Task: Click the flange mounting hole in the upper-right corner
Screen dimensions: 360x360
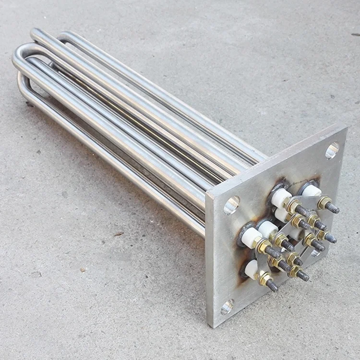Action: tap(332, 151)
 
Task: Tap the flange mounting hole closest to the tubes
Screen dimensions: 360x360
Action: tap(231, 205)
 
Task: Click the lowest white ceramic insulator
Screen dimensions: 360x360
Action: tap(252, 269)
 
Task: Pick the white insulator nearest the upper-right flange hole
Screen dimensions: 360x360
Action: tap(311, 191)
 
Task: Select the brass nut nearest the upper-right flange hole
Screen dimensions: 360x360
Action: tap(324, 202)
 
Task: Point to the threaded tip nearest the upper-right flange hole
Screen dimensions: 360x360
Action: tap(333, 208)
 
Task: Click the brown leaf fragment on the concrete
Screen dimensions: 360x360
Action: tap(119, 234)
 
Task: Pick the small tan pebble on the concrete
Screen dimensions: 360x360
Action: tap(36, 274)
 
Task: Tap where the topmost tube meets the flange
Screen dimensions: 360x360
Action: tap(265, 157)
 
